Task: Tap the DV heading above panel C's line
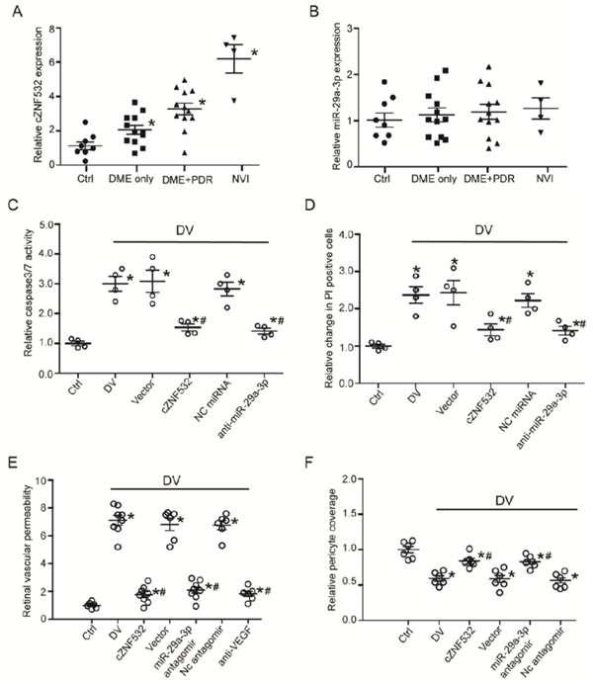(183, 229)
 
